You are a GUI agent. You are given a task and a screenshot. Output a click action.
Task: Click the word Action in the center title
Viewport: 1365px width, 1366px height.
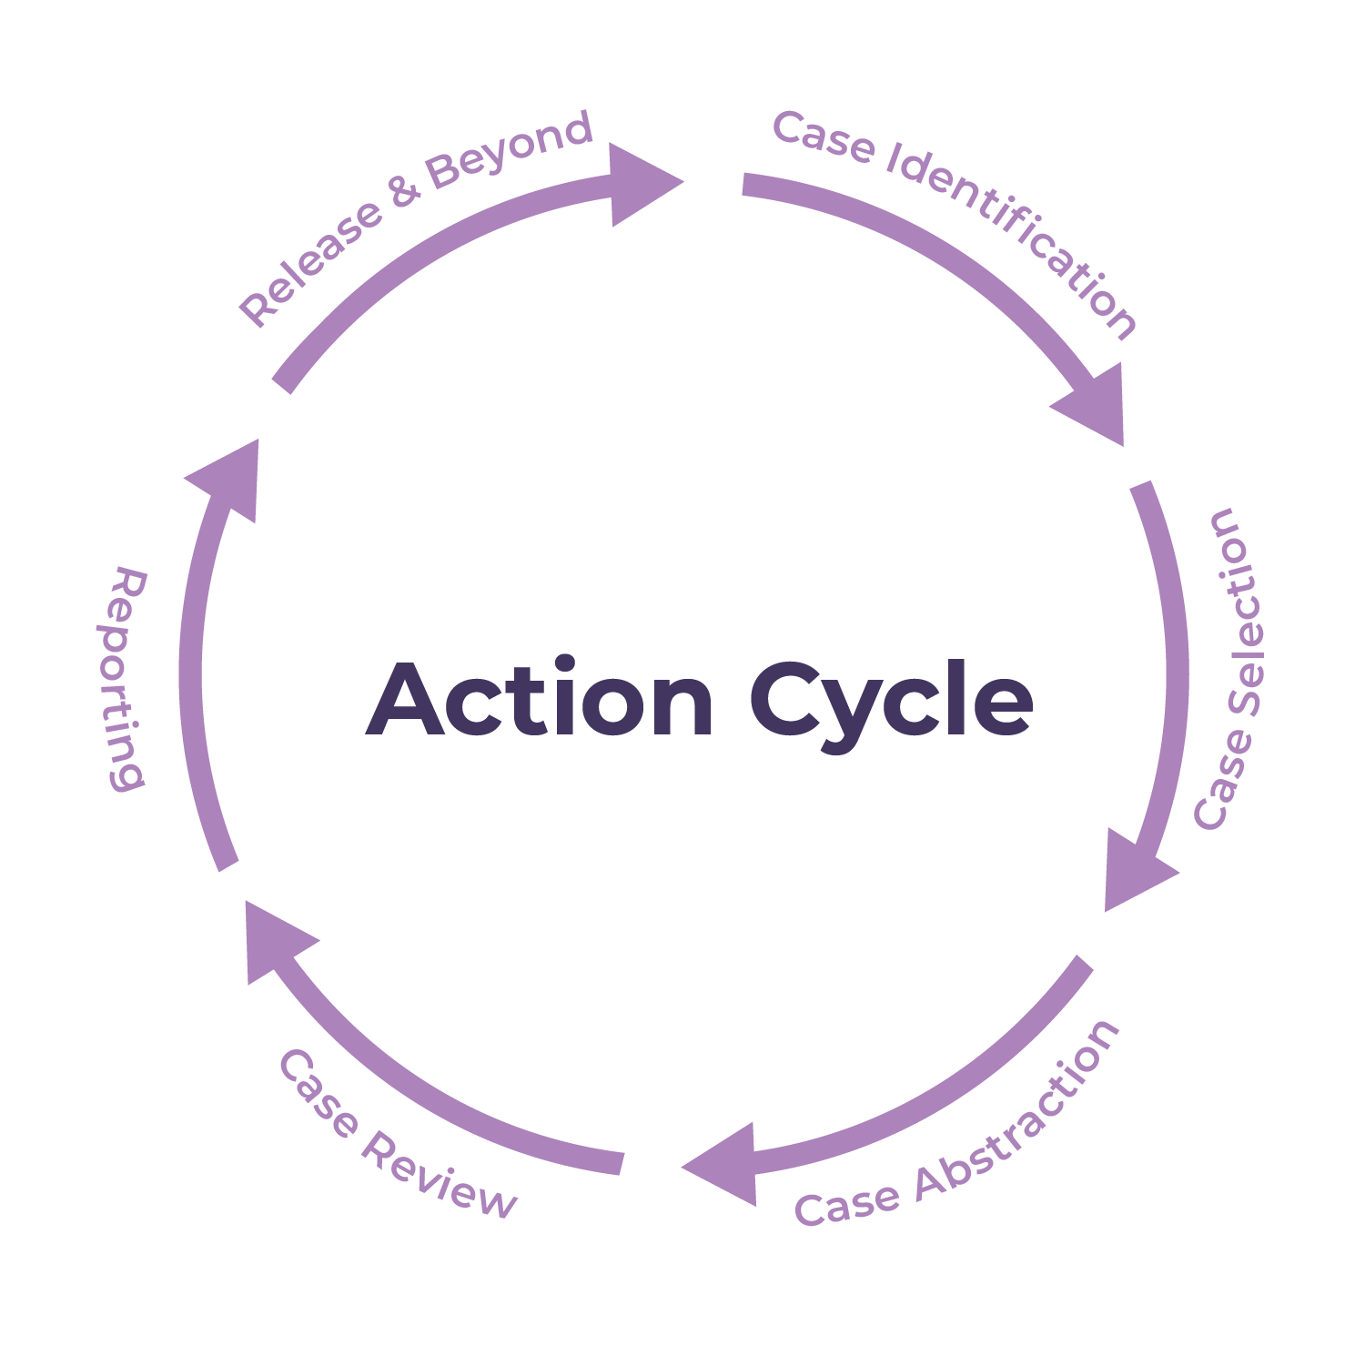point(540,699)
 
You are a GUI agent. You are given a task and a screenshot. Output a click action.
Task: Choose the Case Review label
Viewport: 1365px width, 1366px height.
point(396,1138)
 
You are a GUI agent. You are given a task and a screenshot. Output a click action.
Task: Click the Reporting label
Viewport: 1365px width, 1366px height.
point(124,678)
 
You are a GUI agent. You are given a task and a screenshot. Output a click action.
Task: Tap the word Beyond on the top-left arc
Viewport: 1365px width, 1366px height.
point(510,150)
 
